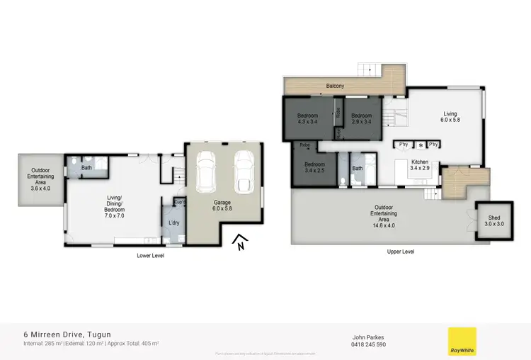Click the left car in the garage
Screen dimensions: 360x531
pyautogui.click(x=206, y=173)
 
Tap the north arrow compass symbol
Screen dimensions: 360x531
pyautogui.click(x=240, y=242)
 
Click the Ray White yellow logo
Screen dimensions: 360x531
pyautogui.click(x=462, y=341)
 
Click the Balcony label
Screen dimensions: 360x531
pyautogui.click(x=336, y=86)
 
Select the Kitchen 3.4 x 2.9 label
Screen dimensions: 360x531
pyautogui.click(x=421, y=165)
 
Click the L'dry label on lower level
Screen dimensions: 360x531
pyautogui.click(x=173, y=224)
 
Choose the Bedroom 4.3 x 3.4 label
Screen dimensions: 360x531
pyautogui.click(x=307, y=118)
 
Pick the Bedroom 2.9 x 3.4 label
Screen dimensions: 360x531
pyautogui.click(x=362, y=118)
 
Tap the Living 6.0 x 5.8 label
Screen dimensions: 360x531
pyautogui.click(x=450, y=117)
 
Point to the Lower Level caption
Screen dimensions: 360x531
pyautogui.click(x=150, y=255)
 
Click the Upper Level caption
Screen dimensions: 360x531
pyautogui.click(x=401, y=252)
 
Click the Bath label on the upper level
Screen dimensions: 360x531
pyautogui.click(x=358, y=168)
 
